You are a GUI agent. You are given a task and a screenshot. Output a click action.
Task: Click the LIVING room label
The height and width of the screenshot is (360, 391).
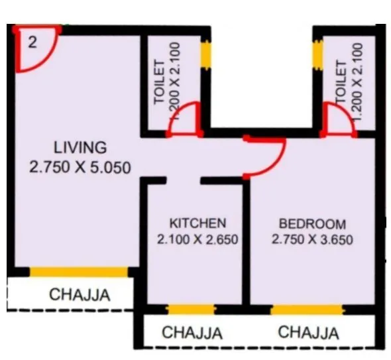(80, 147)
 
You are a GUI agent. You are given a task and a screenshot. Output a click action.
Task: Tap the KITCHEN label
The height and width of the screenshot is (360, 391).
(197, 223)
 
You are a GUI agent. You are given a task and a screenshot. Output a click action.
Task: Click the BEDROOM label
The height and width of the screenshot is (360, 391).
(311, 223)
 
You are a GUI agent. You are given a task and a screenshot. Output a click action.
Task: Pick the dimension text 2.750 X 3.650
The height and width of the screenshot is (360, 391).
(312, 239)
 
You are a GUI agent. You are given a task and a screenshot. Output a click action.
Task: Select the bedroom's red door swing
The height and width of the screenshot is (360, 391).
(268, 156)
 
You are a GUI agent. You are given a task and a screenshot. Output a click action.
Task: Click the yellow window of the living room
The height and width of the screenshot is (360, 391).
(78, 272)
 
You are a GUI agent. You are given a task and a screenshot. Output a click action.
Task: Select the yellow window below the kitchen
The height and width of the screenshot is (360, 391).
(192, 309)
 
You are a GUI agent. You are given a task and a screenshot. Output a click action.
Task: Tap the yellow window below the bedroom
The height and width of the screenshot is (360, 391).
(307, 309)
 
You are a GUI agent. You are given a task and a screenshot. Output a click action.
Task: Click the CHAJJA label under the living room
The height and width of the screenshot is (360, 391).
(80, 294)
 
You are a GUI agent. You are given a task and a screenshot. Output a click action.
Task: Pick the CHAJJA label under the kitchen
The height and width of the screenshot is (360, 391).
(192, 333)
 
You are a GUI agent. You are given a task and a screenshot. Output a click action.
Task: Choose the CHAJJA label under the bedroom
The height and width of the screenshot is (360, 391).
(309, 332)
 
